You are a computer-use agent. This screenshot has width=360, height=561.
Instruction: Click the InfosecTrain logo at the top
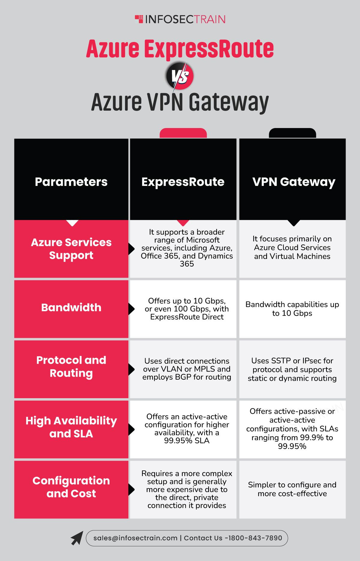click(180, 19)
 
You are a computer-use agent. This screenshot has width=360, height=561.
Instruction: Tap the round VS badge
click(180, 76)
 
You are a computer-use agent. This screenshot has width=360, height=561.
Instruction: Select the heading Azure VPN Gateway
click(180, 102)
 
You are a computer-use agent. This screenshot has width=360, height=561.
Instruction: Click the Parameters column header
click(71, 182)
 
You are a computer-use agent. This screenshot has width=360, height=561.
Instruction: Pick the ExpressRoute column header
click(183, 182)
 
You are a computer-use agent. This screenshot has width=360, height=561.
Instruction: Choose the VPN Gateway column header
click(294, 182)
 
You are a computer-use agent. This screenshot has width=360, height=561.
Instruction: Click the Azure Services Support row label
click(71, 249)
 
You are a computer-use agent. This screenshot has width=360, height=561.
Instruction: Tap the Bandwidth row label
click(71, 307)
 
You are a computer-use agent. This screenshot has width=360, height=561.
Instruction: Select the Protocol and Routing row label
click(71, 366)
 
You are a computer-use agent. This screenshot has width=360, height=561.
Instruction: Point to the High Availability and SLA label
click(71, 427)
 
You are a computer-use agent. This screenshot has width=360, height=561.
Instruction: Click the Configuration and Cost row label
click(71, 487)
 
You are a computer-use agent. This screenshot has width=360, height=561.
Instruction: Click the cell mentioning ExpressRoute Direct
click(187, 309)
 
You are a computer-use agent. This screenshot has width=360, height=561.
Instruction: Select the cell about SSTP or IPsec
click(292, 369)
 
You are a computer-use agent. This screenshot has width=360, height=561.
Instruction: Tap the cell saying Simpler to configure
click(292, 489)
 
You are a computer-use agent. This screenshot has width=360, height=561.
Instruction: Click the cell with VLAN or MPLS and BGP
click(187, 369)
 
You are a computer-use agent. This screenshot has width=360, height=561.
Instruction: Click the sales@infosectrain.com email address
click(135, 538)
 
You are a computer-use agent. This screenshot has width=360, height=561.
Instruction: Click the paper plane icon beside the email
click(77, 538)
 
